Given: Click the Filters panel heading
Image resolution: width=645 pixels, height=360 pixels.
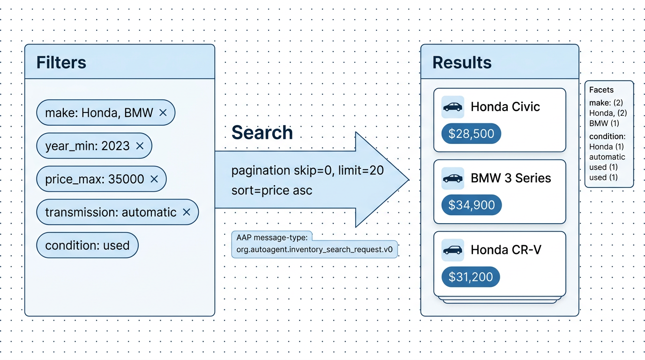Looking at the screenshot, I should (x=61, y=63).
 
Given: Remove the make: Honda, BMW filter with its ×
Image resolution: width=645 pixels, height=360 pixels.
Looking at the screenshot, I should (x=163, y=112).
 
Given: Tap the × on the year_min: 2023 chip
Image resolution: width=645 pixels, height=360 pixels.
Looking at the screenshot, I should (x=140, y=146).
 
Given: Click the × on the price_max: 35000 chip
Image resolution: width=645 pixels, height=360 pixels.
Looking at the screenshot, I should (x=154, y=179).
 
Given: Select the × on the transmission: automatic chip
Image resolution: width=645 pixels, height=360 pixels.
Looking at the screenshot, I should (x=187, y=212).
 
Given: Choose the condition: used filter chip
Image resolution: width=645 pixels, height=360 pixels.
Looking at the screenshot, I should (x=87, y=245).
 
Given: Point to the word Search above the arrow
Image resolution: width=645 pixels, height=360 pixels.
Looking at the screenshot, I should (x=262, y=133).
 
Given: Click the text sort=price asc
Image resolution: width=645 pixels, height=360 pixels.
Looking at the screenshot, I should (x=272, y=190).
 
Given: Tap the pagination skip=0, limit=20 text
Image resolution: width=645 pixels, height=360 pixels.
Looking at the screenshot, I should (x=307, y=170).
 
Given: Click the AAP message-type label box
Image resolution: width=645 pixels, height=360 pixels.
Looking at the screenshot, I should (x=315, y=244).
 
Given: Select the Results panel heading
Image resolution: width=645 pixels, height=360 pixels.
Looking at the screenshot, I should (x=462, y=63).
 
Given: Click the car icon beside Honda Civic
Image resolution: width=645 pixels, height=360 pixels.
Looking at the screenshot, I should (x=452, y=107).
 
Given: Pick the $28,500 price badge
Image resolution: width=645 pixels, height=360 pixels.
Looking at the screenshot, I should (x=471, y=134).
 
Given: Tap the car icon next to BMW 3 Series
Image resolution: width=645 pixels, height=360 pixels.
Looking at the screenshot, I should (x=452, y=179).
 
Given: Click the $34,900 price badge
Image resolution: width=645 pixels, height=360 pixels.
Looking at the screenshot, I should (x=472, y=205).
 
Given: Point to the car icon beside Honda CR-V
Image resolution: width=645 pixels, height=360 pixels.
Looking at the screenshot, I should (x=452, y=250).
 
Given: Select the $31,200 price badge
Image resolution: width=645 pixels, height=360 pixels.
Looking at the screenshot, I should (x=471, y=277).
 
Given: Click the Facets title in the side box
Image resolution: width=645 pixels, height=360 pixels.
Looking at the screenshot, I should (x=601, y=90).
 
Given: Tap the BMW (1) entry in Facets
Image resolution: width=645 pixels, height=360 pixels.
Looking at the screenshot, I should (x=604, y=123).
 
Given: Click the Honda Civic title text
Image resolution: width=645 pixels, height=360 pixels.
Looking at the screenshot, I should (x=505, y=107).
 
